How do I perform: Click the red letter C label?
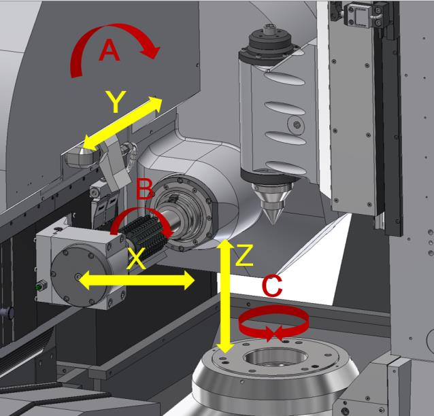tap(272, 286)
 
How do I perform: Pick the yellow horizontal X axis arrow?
tap(136, 279)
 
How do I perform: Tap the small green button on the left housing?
tap(38, 286)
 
